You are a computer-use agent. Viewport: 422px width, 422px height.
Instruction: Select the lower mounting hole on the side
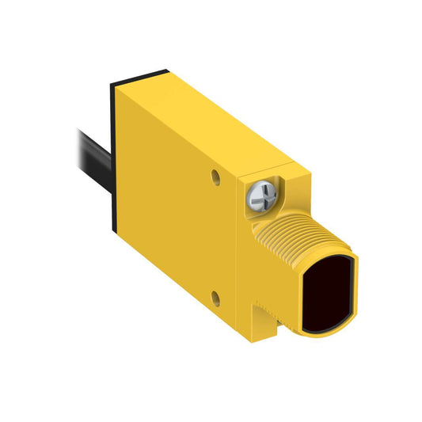tap(215, 298)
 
